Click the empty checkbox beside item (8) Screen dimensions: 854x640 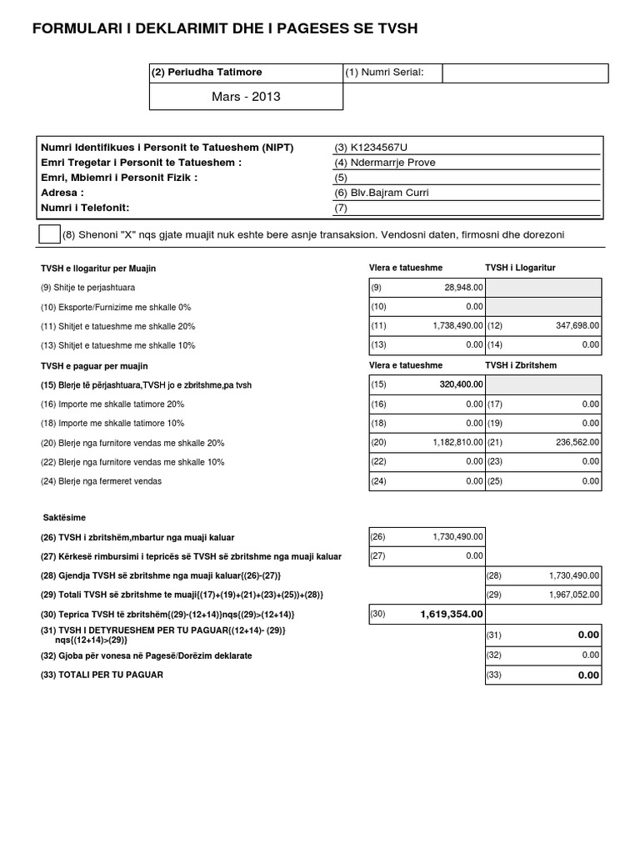[x=49, y=234]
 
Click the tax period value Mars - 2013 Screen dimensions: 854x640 [x=246, y=97]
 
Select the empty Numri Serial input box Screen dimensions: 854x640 [x=525, y=73]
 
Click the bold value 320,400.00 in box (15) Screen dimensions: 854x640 [x=461, y=385]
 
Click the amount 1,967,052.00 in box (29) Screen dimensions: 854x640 [x=574, y=595]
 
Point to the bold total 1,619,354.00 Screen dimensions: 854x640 [x=451, y=615]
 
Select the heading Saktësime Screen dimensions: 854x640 [x=64, y=518]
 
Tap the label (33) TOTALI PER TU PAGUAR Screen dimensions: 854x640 [x=102, y=675]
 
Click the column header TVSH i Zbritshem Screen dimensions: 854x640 [x=520, y=365]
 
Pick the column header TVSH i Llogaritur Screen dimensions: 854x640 [x=520, y=268]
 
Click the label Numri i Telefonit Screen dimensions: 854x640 [x=86, y=208]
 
